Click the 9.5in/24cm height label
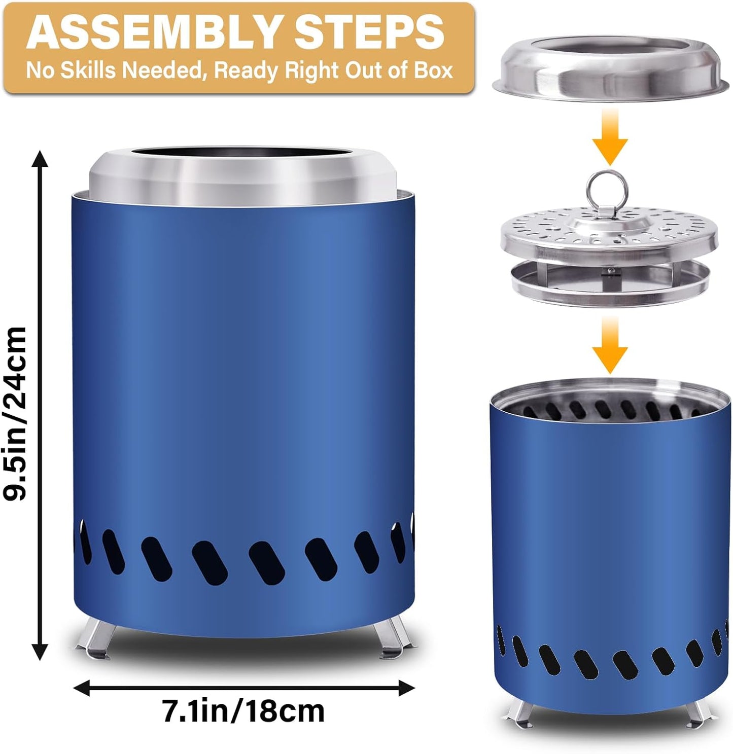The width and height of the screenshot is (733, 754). (15, 413)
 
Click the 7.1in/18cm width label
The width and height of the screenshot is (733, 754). (243, 711)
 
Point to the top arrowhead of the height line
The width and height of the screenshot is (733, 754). (40, 159)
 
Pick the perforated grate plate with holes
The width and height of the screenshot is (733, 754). (609, 231)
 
